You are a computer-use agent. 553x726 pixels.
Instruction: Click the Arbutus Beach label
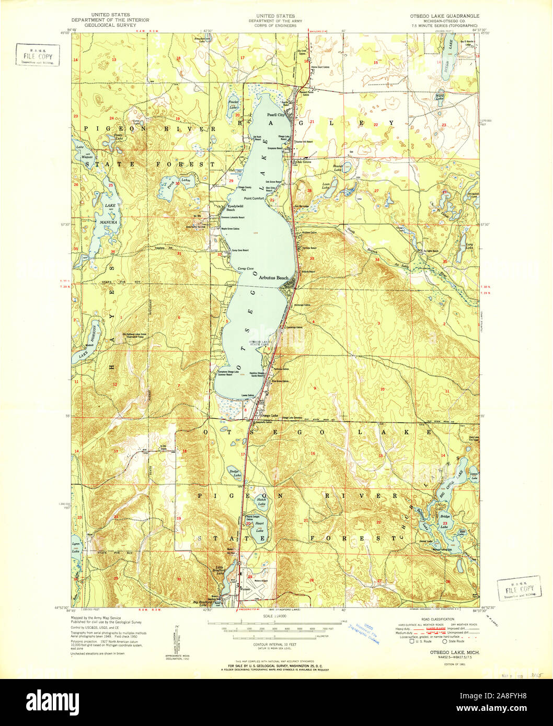point(273,278)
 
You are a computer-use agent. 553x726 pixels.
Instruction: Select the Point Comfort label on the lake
point(255,198)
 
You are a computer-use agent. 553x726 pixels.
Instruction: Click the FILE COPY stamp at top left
point(37,55)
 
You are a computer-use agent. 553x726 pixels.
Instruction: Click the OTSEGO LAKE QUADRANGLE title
point(444,16)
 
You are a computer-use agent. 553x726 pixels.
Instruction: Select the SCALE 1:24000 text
point(275,616)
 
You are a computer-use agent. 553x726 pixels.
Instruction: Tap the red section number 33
point(312,259)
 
